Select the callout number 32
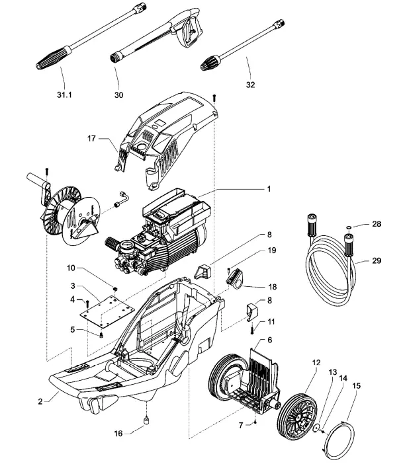[249, 85]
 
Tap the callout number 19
[271, 251]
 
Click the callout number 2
[40, 401]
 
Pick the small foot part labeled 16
[145, 420]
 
